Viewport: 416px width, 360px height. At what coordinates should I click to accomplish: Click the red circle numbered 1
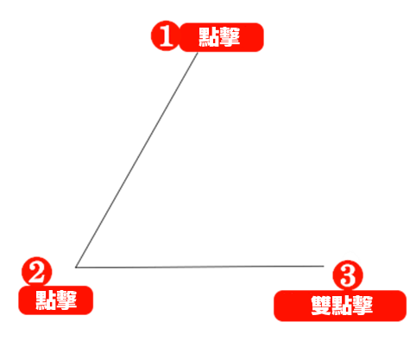pos(166,35)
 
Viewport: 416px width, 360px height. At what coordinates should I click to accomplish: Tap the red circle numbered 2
pos(37,272)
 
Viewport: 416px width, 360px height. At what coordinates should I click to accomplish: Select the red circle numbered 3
pos(348,275)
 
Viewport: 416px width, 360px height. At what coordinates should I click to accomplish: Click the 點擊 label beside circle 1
pos(221,37)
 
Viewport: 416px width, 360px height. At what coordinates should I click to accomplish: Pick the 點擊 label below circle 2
pos(56,300)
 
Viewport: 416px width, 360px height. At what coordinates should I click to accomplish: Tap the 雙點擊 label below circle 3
pos(340,306)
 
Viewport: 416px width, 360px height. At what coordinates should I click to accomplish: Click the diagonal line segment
pos(137,160)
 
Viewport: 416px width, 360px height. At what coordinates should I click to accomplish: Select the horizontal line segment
pos(199,267)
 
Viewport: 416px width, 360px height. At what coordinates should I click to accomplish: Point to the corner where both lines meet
pos(76,268)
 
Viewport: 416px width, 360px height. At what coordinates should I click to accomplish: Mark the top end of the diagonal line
pos(198,53)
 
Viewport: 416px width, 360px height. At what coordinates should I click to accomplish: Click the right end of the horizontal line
pos(324,266)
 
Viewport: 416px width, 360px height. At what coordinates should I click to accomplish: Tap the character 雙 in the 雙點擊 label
pos(321,306)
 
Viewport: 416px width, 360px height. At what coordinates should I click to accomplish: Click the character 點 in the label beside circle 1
pos(209,37)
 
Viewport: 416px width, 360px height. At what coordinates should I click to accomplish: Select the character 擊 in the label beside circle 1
pos(230,37)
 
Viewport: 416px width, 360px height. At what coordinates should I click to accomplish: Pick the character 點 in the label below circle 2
pos(46,300)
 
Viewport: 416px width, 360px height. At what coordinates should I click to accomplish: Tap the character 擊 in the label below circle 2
pos(66,300)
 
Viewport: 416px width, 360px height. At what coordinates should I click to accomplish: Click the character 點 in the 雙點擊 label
pos(342,306)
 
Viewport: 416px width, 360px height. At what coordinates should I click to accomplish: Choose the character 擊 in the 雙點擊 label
pos(362,306)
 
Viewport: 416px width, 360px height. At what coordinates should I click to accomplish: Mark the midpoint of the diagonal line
pos(137,160)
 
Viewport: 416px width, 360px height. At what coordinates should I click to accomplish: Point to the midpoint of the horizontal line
pos(199,267)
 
